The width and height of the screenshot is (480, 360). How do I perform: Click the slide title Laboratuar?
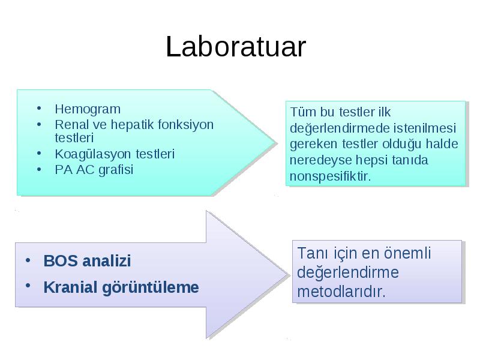[236, 47]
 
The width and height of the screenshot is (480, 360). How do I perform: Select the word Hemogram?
[88, 109]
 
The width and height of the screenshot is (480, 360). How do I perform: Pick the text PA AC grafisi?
[94, 170]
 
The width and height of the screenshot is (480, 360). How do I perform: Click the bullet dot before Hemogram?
[39, 108]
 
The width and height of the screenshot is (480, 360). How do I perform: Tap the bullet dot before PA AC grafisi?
[39, 169]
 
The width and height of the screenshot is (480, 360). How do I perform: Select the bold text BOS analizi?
[87, 261]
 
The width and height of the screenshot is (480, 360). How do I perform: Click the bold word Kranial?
[70, 287]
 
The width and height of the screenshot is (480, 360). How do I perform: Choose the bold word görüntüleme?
[151, 288]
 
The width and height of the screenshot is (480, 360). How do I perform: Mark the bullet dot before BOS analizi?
[28, 260]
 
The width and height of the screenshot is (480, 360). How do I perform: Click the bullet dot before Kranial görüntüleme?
[28, 286]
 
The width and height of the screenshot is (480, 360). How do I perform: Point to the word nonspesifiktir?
[331, 176]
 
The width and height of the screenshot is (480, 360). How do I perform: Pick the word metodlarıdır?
[341, 292]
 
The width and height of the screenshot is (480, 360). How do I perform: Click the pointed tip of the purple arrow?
[289, 275]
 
